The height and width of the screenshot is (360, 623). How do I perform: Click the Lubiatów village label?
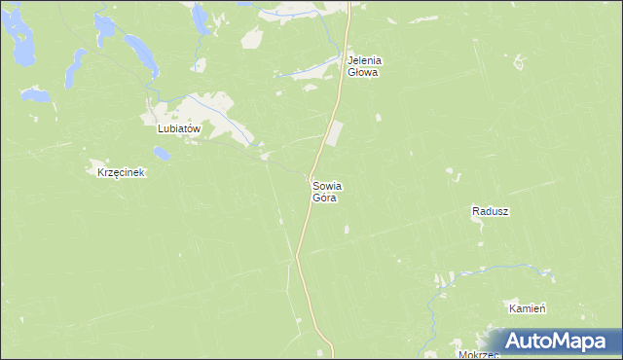[178, 127]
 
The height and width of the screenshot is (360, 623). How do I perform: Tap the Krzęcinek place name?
[121, 172]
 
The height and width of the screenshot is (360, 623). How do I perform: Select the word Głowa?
[363, 72]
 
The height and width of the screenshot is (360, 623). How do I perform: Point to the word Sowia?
[327, 185]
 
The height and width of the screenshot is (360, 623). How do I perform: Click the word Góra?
[324, 198]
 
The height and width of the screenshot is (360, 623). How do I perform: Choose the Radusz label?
[491, 210]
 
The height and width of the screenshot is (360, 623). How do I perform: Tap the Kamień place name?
[527, 307]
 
